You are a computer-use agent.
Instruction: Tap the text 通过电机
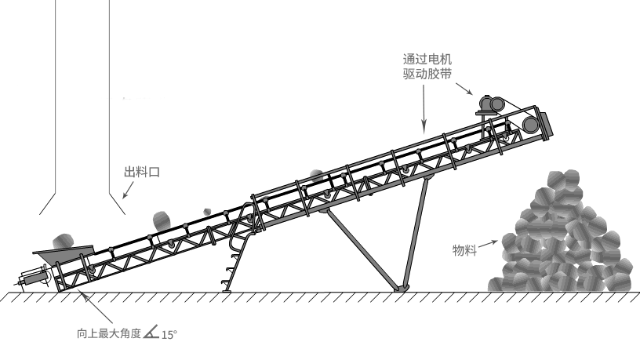(x=427, y=59)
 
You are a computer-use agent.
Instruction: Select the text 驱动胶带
(x=427, y=74)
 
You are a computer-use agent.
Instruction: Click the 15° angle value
(x=169, y=335)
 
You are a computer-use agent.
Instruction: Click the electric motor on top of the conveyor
(x=493, y=104)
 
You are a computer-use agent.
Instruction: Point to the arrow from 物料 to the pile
(x=489, y=242)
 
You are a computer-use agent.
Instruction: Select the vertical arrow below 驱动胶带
(x=424, y=106)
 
